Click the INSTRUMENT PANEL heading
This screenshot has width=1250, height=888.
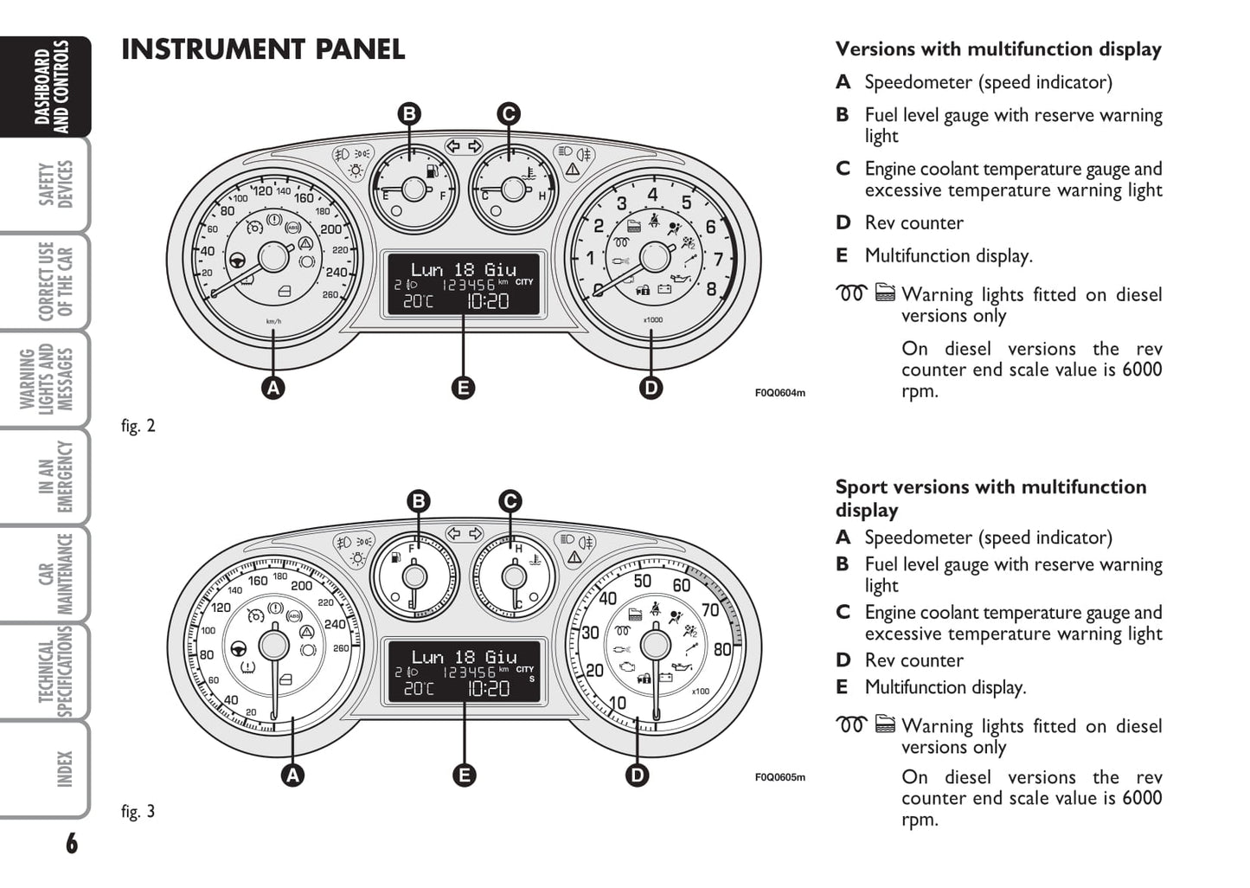click(263, 49)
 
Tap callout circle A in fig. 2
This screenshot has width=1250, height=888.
click(273, 388)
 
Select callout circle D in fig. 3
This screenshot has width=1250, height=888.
click(638, 775)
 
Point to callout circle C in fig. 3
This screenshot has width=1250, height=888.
click(510, 501)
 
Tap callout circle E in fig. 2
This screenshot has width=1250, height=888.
click(464, 388)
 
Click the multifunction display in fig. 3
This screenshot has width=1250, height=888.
click(464, 672)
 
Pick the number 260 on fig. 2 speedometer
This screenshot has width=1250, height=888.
click(330, 295)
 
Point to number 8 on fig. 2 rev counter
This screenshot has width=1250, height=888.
click(711, 289)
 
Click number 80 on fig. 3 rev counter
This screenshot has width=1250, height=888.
click(722, 649)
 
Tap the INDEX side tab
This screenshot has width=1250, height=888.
click(64, 769)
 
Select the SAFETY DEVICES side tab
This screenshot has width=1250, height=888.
click(56, 184)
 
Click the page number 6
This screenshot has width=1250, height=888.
click(71, 843)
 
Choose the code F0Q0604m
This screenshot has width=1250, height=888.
click(779, 393)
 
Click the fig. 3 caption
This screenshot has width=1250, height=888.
click(138, 811)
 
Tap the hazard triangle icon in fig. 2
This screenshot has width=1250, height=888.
click(572, 170)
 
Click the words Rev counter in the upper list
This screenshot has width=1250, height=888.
click(913, 222)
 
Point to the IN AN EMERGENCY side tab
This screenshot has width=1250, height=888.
click(56, 477)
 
